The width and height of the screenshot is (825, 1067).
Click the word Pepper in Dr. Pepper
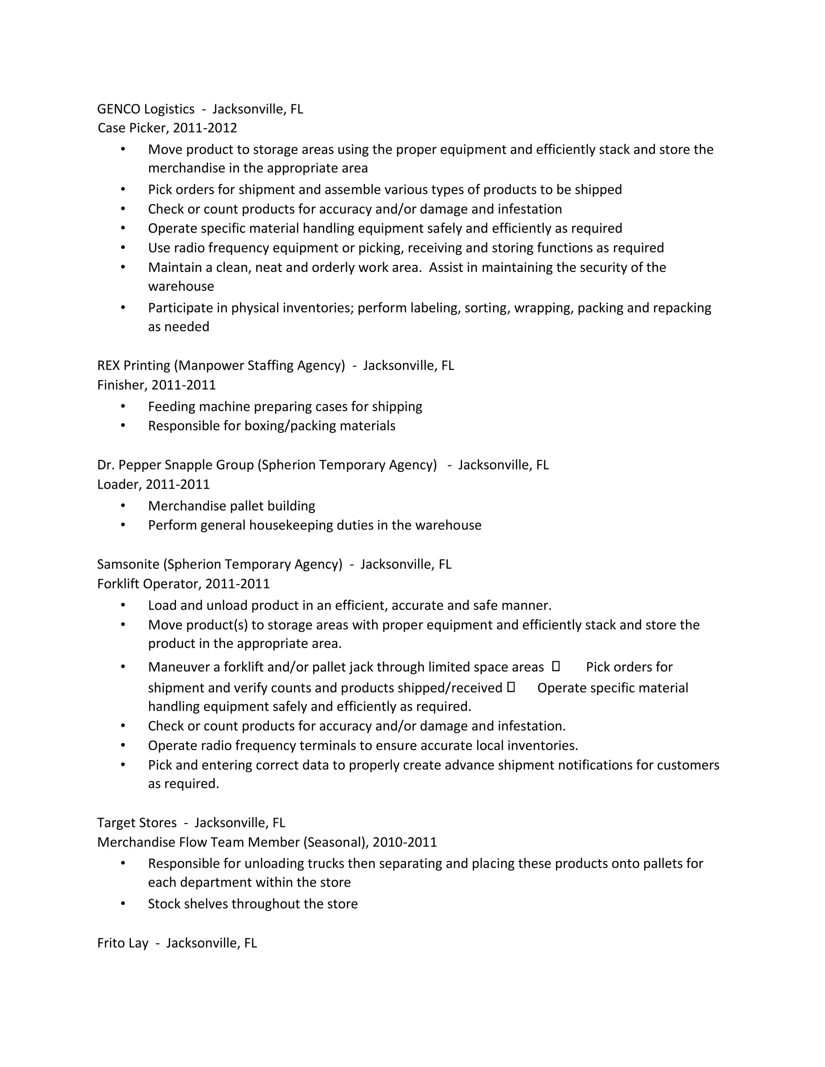[x=139, y=465]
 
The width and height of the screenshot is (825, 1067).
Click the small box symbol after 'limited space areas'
[x=556, y=666]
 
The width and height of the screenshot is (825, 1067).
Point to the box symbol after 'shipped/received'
[x=511, y=687]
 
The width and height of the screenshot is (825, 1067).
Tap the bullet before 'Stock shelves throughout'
[x=123, y=904]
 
